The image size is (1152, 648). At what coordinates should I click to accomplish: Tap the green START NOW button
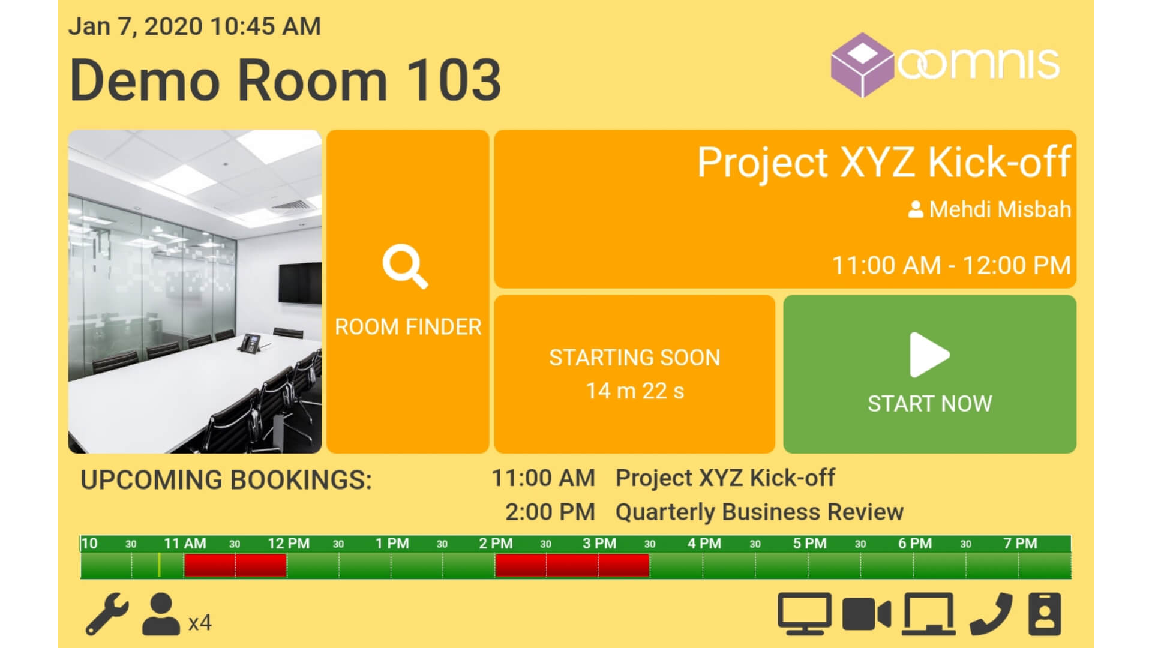[929, 374]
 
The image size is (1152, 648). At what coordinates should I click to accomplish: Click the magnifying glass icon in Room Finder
[405, 266]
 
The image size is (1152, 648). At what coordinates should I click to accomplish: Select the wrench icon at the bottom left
[107, 614]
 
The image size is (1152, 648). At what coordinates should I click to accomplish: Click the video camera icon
[866, 614]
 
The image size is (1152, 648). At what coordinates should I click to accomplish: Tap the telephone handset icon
[991, 614]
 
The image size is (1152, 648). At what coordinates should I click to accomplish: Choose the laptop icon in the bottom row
[929, 614]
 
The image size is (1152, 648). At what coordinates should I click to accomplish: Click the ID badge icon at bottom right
[1045, 614]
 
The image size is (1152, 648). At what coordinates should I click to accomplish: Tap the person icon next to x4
[161, 614]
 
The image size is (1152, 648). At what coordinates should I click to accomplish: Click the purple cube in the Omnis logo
[862, 65]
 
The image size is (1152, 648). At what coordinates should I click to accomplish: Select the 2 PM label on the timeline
[496, 544]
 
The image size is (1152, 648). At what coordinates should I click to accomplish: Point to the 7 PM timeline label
[1020, 544]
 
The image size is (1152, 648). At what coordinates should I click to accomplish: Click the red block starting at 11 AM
[235, 565]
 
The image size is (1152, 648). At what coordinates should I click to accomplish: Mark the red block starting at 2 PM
[572, 565]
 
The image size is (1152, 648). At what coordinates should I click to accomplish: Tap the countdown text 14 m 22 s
[635, 391]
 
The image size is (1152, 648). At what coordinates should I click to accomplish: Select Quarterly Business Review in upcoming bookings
[760, 512]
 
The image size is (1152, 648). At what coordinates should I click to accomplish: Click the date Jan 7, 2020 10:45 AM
[194, 26]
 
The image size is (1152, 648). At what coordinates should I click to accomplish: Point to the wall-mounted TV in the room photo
[299, 283]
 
